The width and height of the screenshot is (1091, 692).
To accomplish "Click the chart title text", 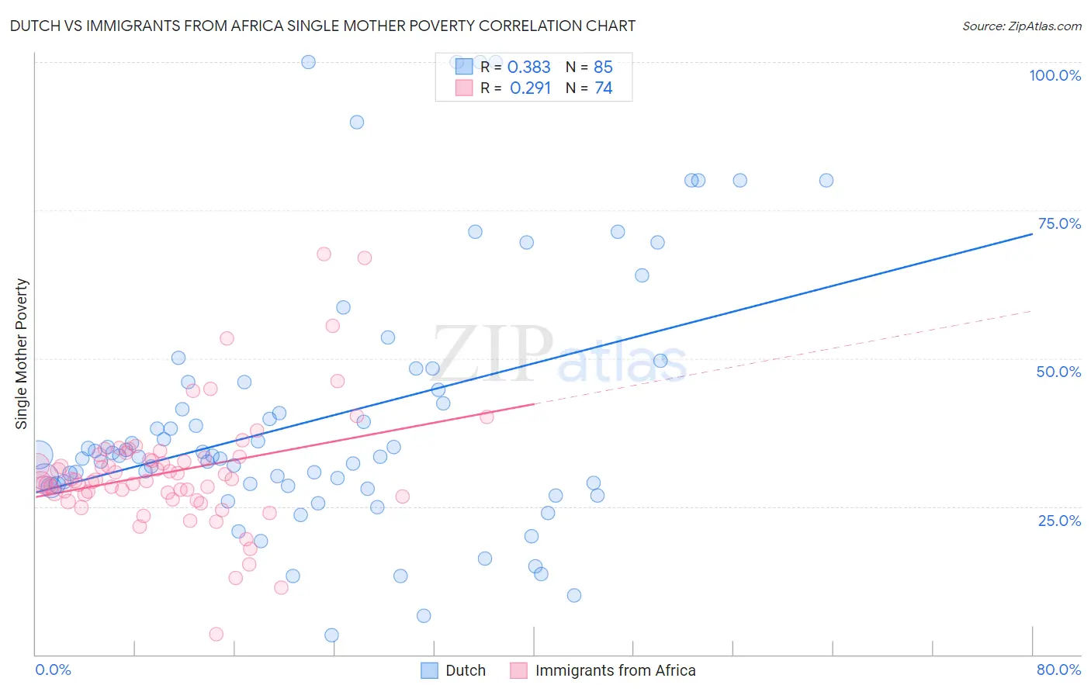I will pyautogui.click(x=322, y=26).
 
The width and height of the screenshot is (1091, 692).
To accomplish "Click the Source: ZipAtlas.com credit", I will pyautogui.click(x=1021, y=26).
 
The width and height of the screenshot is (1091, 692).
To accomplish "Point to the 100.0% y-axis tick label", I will pyautogui.click(x=1055, y=75).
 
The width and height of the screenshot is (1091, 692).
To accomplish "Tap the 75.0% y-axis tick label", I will pyautogui.click(x=1059, y=223).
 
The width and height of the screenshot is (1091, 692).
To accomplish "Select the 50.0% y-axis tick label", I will pyautogui.click(x=1058, y=372).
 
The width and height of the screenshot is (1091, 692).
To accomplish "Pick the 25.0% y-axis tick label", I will pyautogui.click(x=1059, y=520).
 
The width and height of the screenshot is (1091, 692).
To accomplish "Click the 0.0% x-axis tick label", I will pyautogui.click(x=53, y=670).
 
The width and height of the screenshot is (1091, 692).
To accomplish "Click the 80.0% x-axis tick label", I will pyautogui.click(x=1058, y=670).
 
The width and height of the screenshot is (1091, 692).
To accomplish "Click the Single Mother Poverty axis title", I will pyautogui.click(x=22, y=354).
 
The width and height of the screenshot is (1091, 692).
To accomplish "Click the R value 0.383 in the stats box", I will pyautogui.click(x=528, y=67).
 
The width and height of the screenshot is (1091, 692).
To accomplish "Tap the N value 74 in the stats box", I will pyautogui.click(x=604, y=88).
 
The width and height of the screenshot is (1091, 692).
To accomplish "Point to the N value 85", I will pyautogui.click(x=603, y=67).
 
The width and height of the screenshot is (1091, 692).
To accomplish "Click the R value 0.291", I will pyautogui.click(x=530, y=88).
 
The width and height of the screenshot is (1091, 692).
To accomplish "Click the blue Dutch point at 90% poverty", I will pyautogui.click(x=357, y=122).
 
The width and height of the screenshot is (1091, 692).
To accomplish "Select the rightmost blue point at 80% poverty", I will pyautogui.click(x=826, y=180).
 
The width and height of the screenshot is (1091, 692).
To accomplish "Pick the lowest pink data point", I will pyautogui.click(x=216, y=635).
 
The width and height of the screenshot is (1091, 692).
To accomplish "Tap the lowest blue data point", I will pyautogui.click(x=331, y=635).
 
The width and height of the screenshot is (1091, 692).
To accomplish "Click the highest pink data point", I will pyautogui.click(x=324, y=254).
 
